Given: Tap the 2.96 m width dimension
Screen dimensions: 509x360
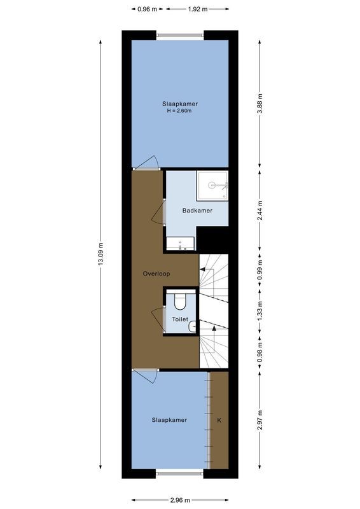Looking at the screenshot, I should pyautogui.click(x=180, y=499).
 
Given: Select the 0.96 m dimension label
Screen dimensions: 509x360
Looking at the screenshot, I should pyautogui.click(x=148, y=9).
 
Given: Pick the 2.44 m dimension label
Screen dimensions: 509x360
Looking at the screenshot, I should pyautogui.click(x=260, y=211).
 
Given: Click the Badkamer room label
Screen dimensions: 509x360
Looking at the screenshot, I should pyautogui.click(x=197, y=211).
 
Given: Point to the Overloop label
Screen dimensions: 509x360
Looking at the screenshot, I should pyautogui.click(x=156, y=274).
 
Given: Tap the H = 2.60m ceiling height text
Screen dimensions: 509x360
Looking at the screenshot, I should pyautogui.click(x=179, y=111).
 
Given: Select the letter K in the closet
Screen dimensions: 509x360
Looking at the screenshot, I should pyautogui.click(x=219, y=420).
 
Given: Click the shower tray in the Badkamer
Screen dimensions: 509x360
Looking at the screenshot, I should pyautogui.click(x=212, y=185).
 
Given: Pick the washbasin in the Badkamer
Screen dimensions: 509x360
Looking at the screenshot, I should pyautogui.click(x=181, y=242).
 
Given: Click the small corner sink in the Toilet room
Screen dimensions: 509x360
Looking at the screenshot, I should pyautogui.click(x=193, y=327).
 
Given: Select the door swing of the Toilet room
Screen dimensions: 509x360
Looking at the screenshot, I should pyautogui.click(x=157, y=316).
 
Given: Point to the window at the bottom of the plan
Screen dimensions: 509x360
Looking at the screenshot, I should pyautogui.click(x=180, y=473).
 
